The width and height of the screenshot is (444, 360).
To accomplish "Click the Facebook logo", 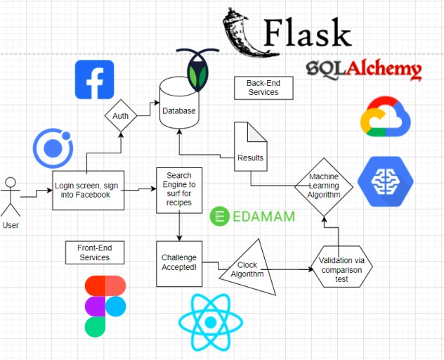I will click(x=94, y=79).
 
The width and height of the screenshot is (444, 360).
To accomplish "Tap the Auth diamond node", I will click(x=120, y=115).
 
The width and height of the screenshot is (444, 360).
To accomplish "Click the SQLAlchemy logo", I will click(x=363, y=69).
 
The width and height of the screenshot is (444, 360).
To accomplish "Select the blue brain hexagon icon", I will click(x=385, y=181).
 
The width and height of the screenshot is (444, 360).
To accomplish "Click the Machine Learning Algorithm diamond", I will click(x=324, y=185).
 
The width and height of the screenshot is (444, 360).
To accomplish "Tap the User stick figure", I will click(x=11, y=198).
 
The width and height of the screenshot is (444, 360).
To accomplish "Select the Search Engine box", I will click(x=180, y=188).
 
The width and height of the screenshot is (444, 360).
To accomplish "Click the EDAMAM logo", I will click(x=254, y=217).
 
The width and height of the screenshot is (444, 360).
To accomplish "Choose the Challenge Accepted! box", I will click(x=178, y=263).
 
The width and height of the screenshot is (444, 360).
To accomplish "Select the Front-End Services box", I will click(x=94, y=252).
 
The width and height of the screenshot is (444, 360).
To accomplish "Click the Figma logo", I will click(x=105, y=306).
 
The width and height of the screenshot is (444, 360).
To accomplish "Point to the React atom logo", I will click(x=210, y=321).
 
